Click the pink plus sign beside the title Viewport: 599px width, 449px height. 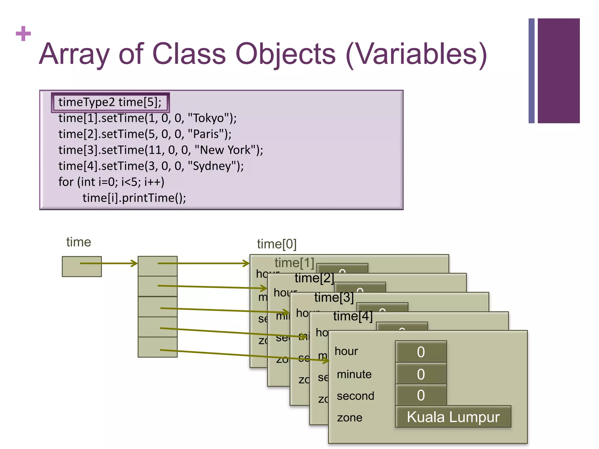[23, 34]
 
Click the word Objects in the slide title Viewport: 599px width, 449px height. [285, 54]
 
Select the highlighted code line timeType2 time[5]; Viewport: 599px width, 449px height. [110, 102]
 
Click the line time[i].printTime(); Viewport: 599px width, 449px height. [134, 198]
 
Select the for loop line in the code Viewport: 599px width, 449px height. [111, 182]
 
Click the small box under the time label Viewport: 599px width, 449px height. [82, 266]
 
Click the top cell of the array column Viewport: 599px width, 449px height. [157, 266]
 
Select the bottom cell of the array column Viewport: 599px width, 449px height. [157, 347]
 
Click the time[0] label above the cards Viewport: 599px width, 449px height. [277, 244]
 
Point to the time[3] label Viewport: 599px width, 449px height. [334, 297]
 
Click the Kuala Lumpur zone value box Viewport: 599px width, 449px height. [453, 417]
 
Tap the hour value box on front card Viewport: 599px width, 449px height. [421, 352]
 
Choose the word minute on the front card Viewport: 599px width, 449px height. [354, 374]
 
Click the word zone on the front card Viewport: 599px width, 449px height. [350, 417]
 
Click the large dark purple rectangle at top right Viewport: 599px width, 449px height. [558, 71]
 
